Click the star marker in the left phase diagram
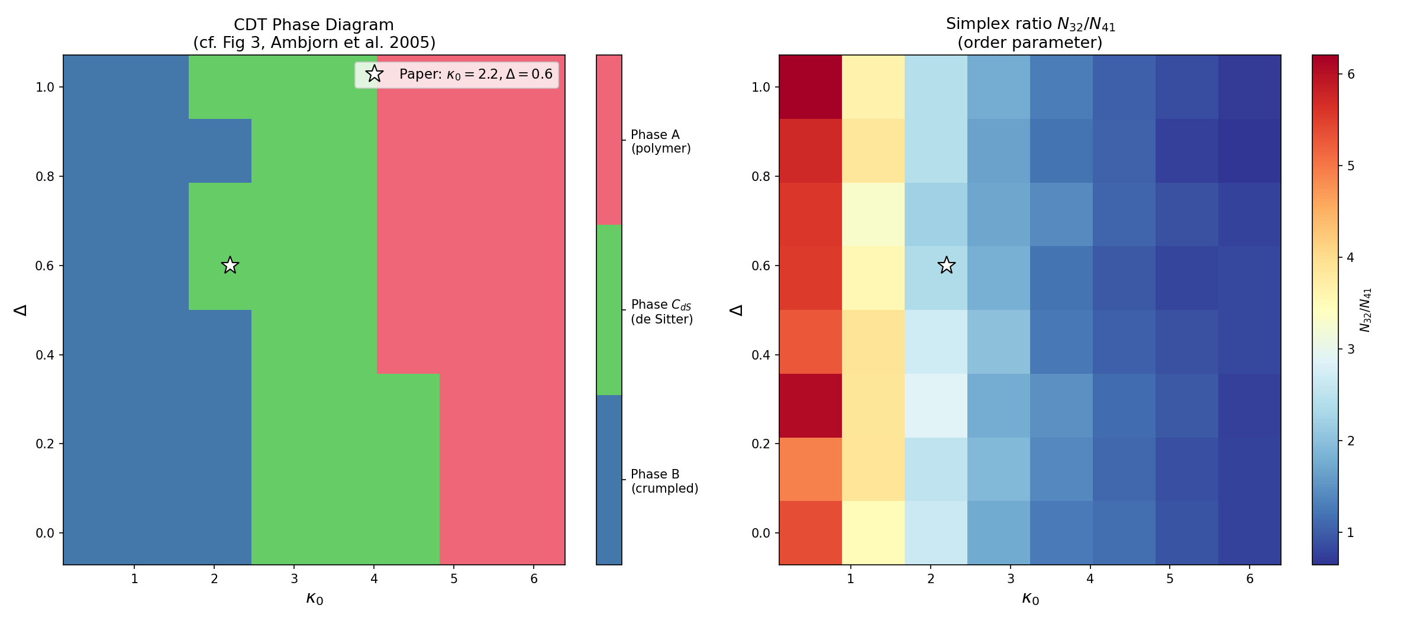(230, 265)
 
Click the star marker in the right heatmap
(947, 265)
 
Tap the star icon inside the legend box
(375, 74)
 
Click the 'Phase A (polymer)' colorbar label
(660, 141)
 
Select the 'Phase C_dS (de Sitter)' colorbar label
(661, 312)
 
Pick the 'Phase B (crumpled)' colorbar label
(664, 481)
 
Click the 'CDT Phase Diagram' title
(314, 25)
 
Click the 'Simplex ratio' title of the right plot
(1030, 24)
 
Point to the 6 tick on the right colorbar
(1351, 75)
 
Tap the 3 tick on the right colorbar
(1351, 350)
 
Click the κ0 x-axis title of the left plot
(314, 599)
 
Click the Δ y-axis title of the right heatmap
(736, 310)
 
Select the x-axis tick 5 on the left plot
(454, 579)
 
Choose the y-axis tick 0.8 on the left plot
(45, 176)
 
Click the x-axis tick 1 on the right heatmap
(851, 579)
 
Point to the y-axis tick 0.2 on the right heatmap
(761, 444)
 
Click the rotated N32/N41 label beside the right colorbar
(1366, 310)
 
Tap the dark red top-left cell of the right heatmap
(810, 87)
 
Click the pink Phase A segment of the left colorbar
(609, 140)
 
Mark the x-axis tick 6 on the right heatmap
(1250, 579)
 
